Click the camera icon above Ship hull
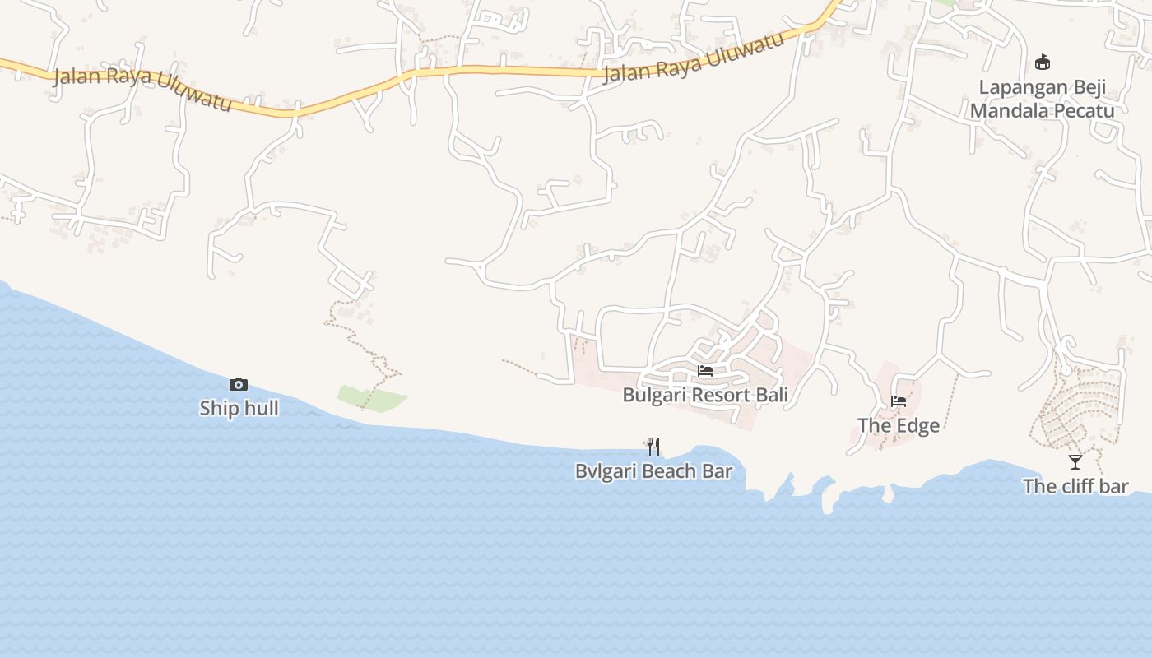coord(239,384)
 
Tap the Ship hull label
coord(239,408)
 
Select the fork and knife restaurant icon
coord(653,447)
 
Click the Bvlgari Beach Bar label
coord(653,471)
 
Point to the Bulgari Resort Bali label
coord(705,395)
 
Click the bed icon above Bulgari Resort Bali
coord(705,371)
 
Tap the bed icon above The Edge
coord(899,401)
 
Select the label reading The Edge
coord(899,425)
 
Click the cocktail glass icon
coord(1075,462)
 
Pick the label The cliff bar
coord(1075,486)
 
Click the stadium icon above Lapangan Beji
coord(1043,63)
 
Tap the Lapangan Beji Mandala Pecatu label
coord(1042,100)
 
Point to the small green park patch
coord(370,397)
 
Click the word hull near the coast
coord(260,408)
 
